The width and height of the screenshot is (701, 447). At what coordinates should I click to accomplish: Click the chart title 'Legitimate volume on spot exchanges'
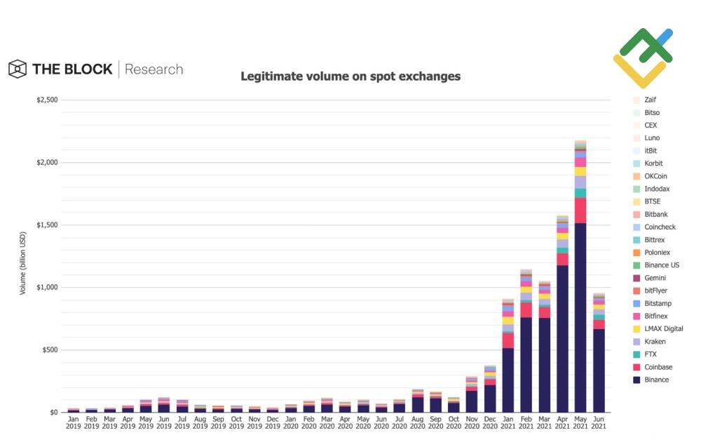[350, 76]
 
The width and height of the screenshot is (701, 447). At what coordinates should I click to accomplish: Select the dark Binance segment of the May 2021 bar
[580, 316]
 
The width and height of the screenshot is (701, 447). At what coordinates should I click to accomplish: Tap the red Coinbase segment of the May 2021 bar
[580, 211]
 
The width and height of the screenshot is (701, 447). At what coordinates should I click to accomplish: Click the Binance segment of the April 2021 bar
[562, 337]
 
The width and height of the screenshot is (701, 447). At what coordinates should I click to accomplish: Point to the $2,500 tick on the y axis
[48, 100]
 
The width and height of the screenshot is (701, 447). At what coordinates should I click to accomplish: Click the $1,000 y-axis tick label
[48, 288]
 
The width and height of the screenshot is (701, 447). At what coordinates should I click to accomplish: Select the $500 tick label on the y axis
[49, 350]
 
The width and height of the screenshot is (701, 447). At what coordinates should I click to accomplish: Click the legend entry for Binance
[656, 380]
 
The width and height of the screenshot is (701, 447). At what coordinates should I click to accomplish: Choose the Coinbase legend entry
[658, 367]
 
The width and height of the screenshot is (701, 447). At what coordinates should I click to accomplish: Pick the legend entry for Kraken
[655, 342]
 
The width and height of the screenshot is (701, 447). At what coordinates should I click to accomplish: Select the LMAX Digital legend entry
[663, 328]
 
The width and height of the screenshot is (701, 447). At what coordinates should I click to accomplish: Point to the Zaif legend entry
[650, 100]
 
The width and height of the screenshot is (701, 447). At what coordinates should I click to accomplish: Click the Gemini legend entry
[655, 278]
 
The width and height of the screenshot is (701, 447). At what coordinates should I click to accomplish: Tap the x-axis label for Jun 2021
[599, 422]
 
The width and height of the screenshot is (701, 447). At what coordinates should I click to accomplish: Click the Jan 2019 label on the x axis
[74, 422]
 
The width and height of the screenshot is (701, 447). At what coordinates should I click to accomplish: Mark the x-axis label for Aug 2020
[418, 422]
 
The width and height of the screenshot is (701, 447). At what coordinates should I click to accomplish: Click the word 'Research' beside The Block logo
[154, 69]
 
